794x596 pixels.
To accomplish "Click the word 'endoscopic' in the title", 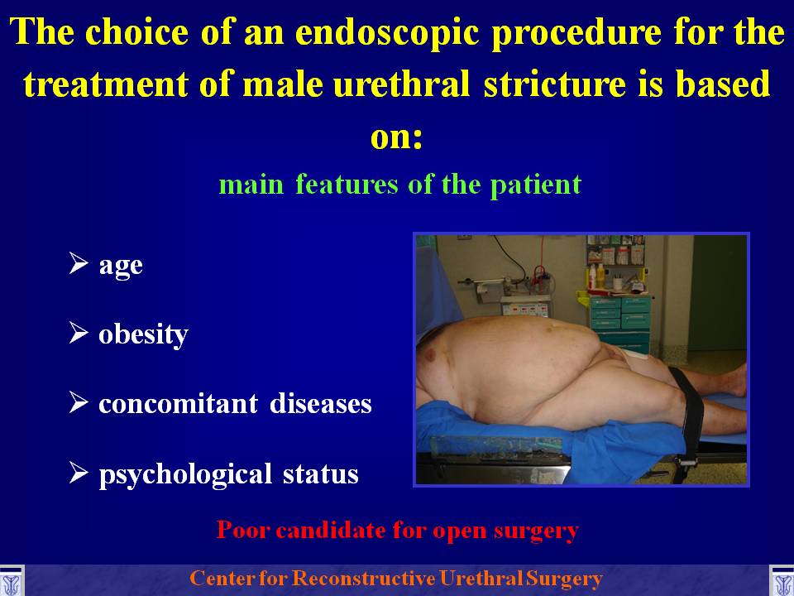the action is point(387,34).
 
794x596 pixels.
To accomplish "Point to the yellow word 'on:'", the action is point(396,137).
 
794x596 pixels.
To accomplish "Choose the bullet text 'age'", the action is point(121,266).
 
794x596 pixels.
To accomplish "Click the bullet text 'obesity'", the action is point(143,334).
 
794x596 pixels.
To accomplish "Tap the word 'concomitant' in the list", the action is point(179,404).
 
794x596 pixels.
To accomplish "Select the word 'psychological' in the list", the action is point(186,474).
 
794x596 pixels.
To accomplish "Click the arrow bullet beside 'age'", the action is point(79,263).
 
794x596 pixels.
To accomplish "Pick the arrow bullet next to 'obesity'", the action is point(79,333).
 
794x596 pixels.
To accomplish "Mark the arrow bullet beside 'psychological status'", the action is point(79,473).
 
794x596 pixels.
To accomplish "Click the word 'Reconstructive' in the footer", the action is point(364,579).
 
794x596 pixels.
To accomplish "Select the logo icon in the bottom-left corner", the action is point(12,581).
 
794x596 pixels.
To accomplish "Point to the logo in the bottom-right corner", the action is point(782,581).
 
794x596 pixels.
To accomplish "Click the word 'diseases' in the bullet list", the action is point(321,404).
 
